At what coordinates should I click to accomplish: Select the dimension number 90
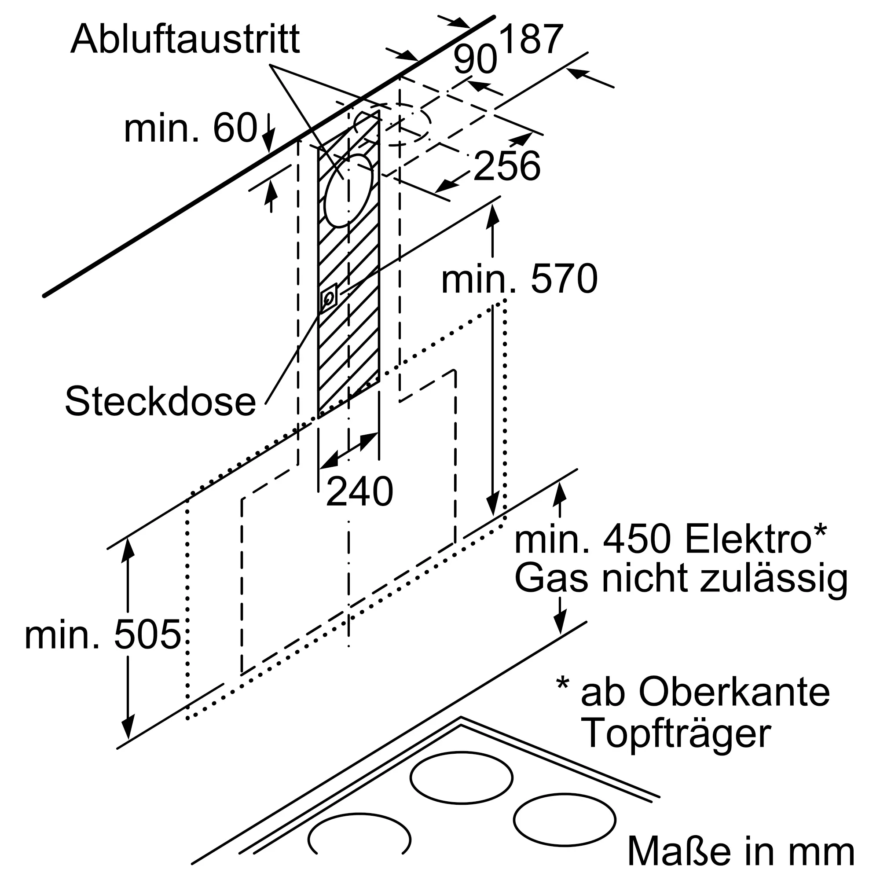(475, 60)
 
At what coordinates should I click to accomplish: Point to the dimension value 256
(506, 165)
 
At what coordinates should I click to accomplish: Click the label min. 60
(191, 128)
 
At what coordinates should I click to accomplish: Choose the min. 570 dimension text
(519, 279)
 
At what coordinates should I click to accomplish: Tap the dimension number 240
(359, 491)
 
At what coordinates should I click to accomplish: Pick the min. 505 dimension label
(103, 634)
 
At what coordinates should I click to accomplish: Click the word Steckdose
(160, 401)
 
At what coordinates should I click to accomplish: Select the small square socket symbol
(328, 297)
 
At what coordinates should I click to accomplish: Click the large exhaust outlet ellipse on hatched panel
(348, 191)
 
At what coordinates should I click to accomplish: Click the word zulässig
(774, 581)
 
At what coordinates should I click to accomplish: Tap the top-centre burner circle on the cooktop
(461, 777)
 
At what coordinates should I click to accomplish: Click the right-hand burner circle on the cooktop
(565, 819)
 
